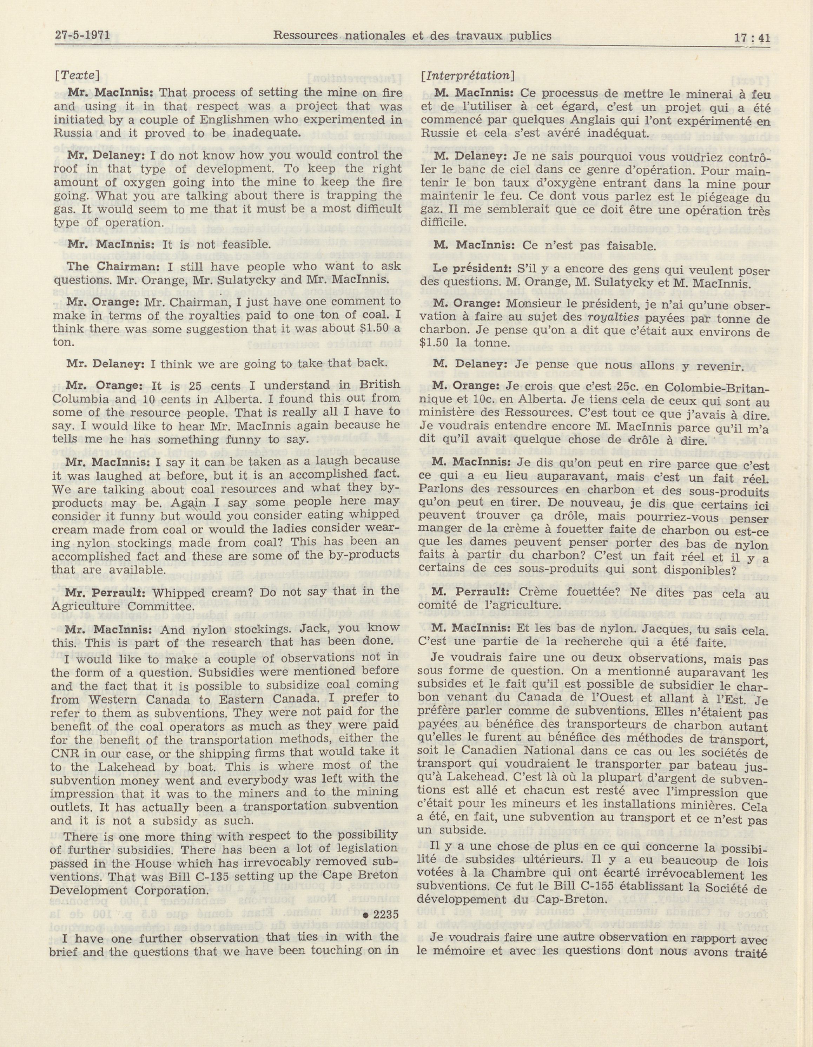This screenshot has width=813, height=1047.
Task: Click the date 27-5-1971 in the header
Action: [82, 35]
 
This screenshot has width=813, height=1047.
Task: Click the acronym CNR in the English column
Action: [65, 752]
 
